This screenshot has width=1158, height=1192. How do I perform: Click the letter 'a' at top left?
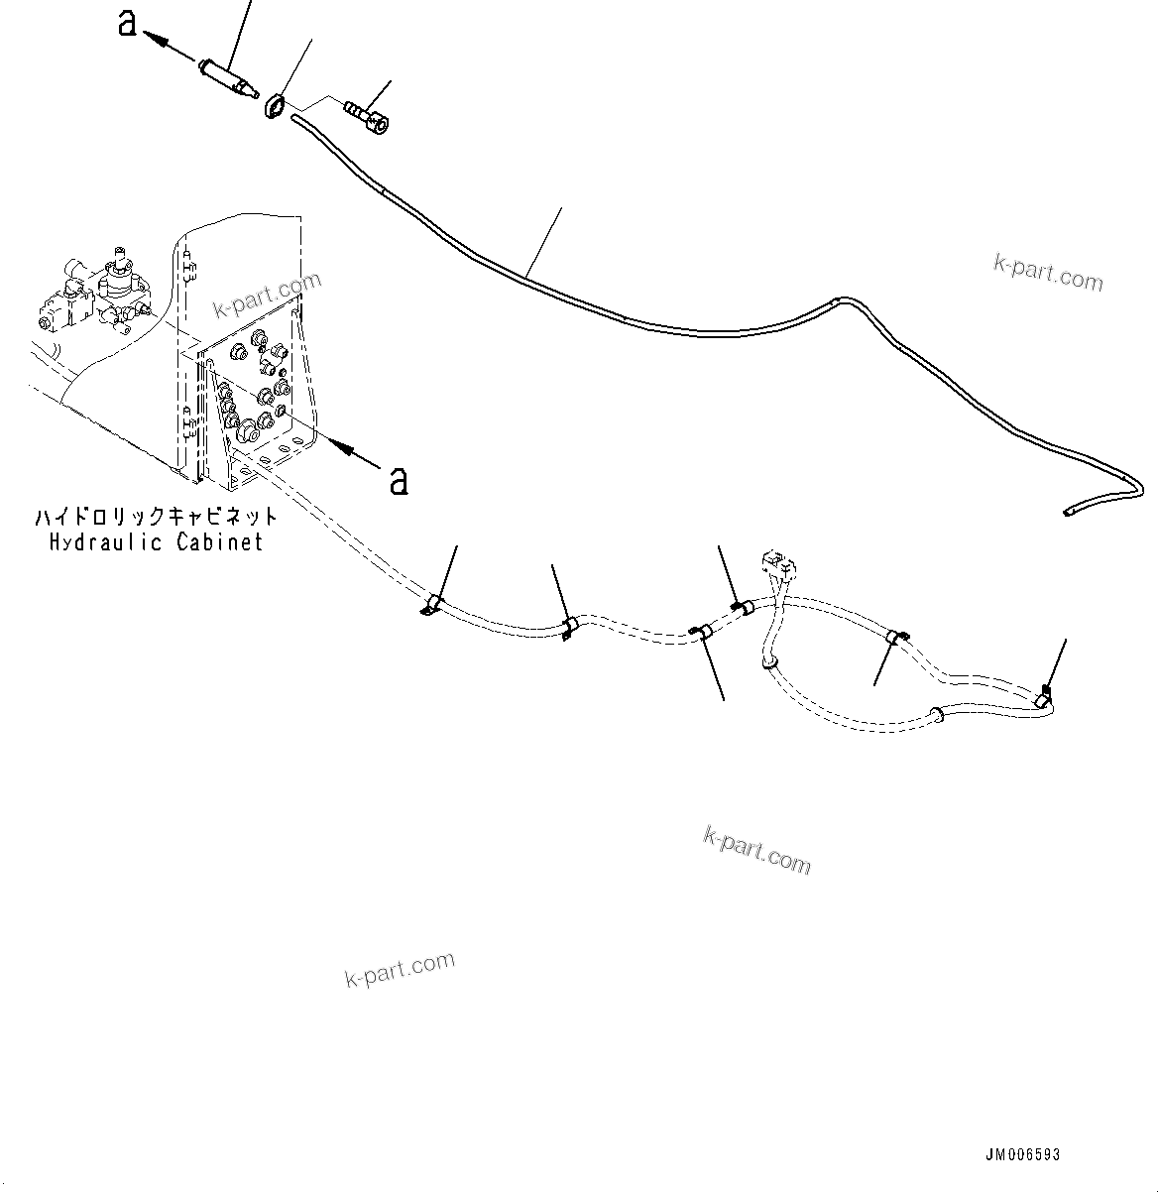click(x=127, y=23)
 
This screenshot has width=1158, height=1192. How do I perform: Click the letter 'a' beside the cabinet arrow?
click(x=398, y=481)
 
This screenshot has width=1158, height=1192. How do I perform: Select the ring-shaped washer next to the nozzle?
click(x=275, y=105)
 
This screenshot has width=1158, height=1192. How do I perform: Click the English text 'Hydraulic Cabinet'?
click(x=157, y=542)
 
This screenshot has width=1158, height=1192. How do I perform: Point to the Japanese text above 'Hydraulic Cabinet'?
click(x=157, y=518)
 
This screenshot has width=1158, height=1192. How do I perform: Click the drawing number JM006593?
click(x=1022, y=1154)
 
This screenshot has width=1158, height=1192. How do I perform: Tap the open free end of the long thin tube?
click(x=1067, y=512)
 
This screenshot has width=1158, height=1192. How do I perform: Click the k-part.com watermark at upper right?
click(x=1047, y=273)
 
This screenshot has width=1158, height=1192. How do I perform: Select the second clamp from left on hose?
click(x=570, y=628)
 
